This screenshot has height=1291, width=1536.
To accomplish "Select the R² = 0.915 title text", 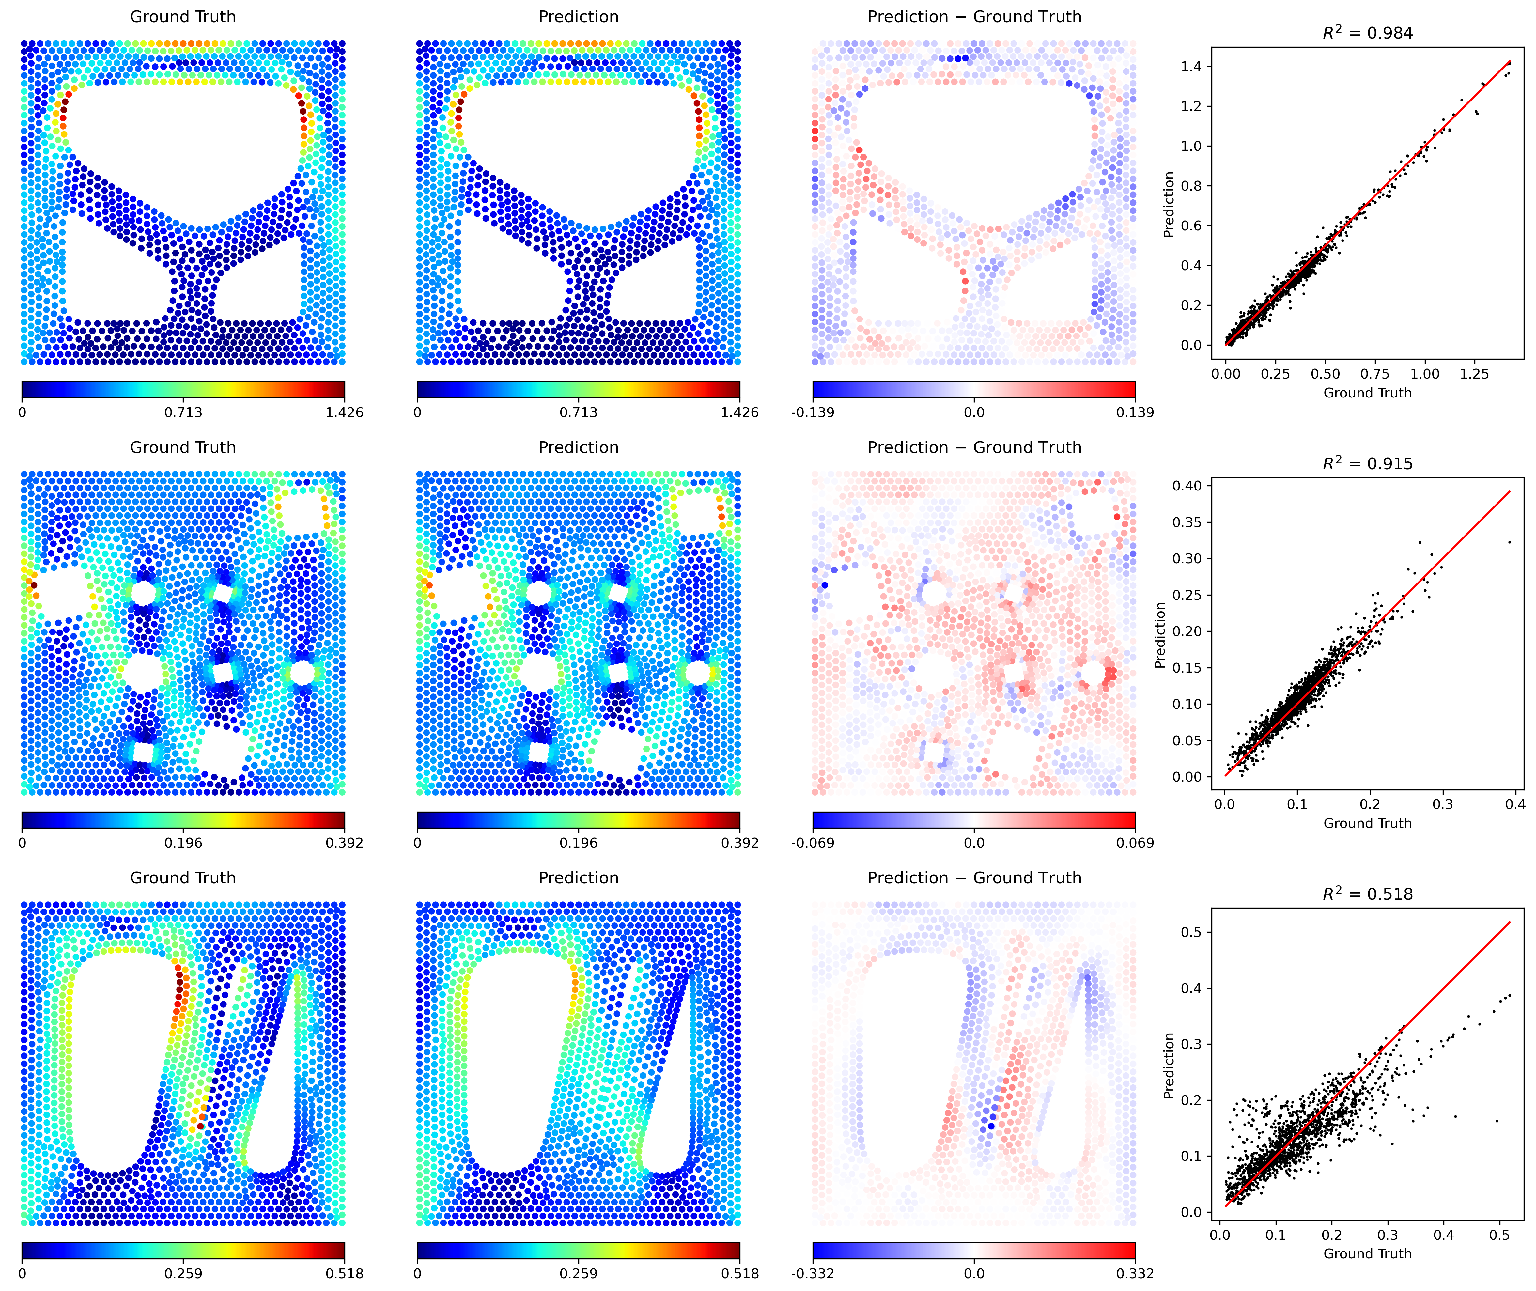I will (1367, 463).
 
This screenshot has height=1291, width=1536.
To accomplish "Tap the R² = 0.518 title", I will (1367, 894).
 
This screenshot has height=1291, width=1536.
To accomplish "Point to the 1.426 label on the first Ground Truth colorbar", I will (344, 412).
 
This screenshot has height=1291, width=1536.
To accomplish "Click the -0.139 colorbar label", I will (812, 412).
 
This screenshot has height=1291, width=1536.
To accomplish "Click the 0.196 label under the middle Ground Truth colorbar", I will (183, 842).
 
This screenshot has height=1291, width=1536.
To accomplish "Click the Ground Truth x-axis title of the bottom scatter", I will (1367, 1254).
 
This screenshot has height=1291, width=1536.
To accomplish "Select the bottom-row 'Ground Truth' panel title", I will (183, 878).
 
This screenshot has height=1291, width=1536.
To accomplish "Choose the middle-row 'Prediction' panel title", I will (578, 447).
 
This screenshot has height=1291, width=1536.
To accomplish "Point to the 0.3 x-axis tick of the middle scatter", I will (1442, 804).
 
